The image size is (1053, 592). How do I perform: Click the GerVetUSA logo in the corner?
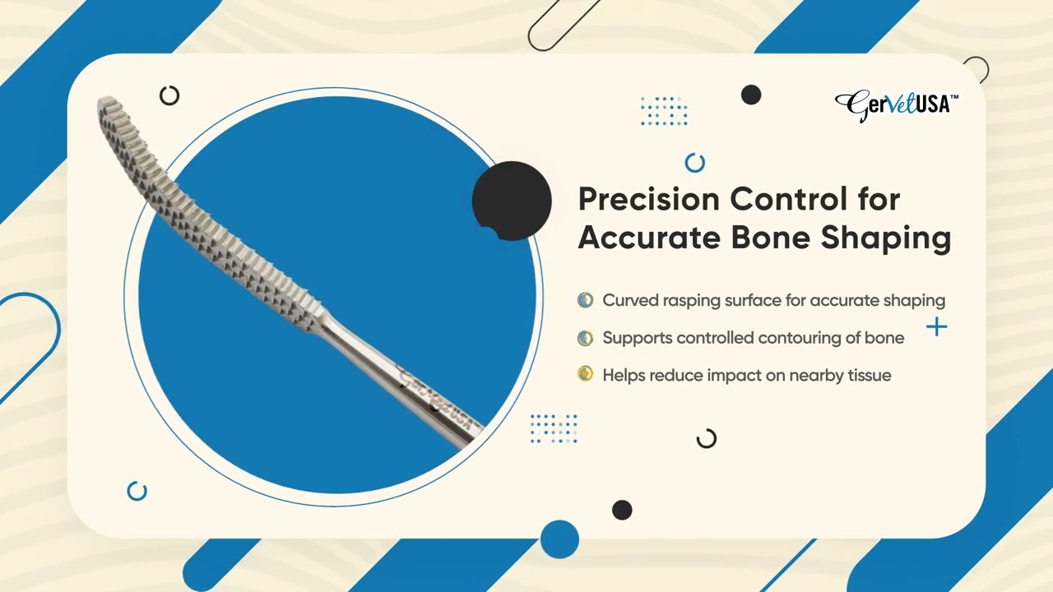[897, 106]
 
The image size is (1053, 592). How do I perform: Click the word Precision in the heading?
[649, 199]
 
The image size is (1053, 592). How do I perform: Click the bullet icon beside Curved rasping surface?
[585, 300]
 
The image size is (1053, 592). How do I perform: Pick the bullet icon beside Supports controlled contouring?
[585, 337]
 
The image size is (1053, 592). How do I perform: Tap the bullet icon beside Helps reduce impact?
[585, 374]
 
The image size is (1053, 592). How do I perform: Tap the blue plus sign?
[936, 326]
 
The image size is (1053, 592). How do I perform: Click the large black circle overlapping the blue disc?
[512, 201]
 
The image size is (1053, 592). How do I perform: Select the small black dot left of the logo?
[751, 95]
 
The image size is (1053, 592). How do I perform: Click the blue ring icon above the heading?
[695, 163]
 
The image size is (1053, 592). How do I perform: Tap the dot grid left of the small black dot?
[664, 111]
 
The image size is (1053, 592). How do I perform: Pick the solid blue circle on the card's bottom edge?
[559, 539]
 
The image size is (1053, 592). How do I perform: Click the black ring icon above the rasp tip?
[169, 95]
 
